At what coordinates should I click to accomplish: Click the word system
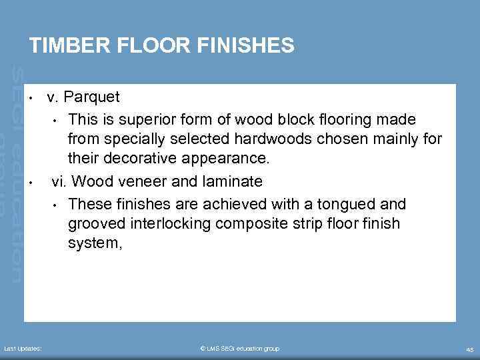pos(94,244)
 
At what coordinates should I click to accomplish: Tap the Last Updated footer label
pos(23,349)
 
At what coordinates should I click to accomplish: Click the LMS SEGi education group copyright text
pos(239,349)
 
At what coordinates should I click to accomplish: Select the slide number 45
pos(469,349)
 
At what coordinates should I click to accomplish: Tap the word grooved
pos(94,223)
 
